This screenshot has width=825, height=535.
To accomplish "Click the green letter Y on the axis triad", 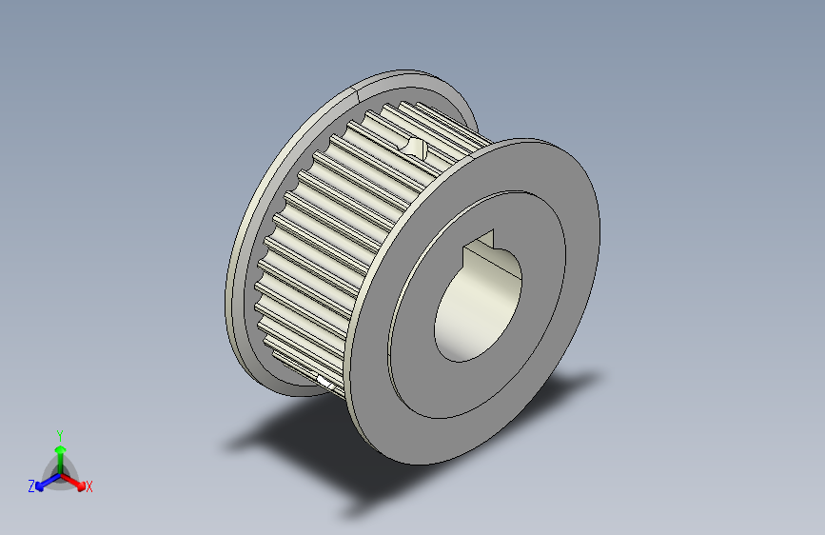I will point(59,434).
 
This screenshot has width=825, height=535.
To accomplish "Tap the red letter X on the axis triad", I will point(89,486).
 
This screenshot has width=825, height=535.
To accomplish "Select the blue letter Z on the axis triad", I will point(31,485).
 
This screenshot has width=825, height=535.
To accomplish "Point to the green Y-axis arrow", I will point(59,453).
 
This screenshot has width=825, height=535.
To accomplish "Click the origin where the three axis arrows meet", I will point(60,472).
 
